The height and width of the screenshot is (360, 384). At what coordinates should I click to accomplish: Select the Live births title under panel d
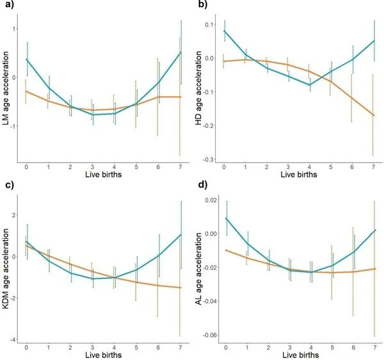(298, 355)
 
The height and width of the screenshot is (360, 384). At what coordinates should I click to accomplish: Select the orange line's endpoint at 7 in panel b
(373, 115)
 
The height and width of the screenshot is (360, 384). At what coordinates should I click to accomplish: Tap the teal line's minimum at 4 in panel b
(310, 85)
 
